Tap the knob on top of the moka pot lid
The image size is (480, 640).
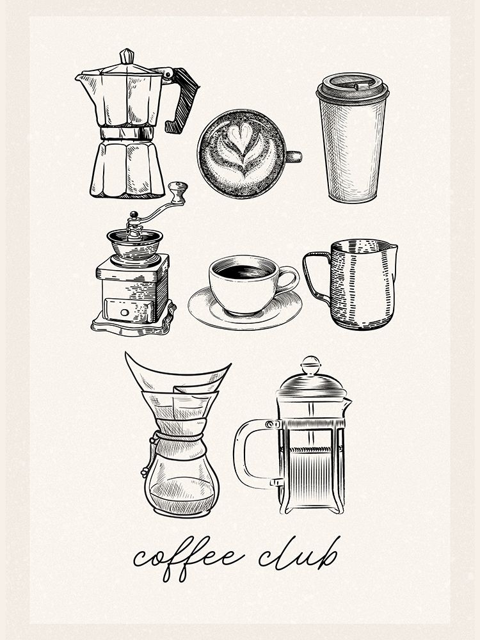(x=127, y=56)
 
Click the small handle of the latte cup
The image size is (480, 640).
(x=293, y=157)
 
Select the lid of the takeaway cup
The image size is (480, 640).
(x=353, y=87)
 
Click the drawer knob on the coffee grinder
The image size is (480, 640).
(x=124, y=312)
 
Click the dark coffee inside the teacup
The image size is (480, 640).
(x=244, y=271)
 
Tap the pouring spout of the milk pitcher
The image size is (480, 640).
(x=393, y=247)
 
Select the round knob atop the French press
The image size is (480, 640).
(x=311, y=364)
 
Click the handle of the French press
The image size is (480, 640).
(x=244, y=454)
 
